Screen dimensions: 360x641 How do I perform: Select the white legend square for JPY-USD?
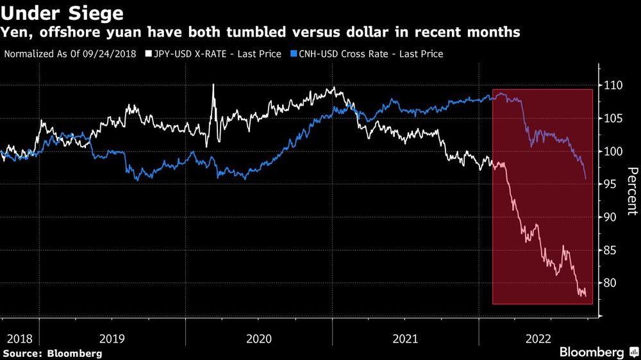tap(148, 54)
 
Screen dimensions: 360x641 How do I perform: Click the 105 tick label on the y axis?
tap(614, 119)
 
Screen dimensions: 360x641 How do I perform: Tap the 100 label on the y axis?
tap(614, 152)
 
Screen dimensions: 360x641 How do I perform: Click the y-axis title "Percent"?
tap(631, 190)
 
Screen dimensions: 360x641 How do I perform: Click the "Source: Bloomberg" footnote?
tap(53, 353)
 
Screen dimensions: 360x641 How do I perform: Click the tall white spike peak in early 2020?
tap(213, 85)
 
